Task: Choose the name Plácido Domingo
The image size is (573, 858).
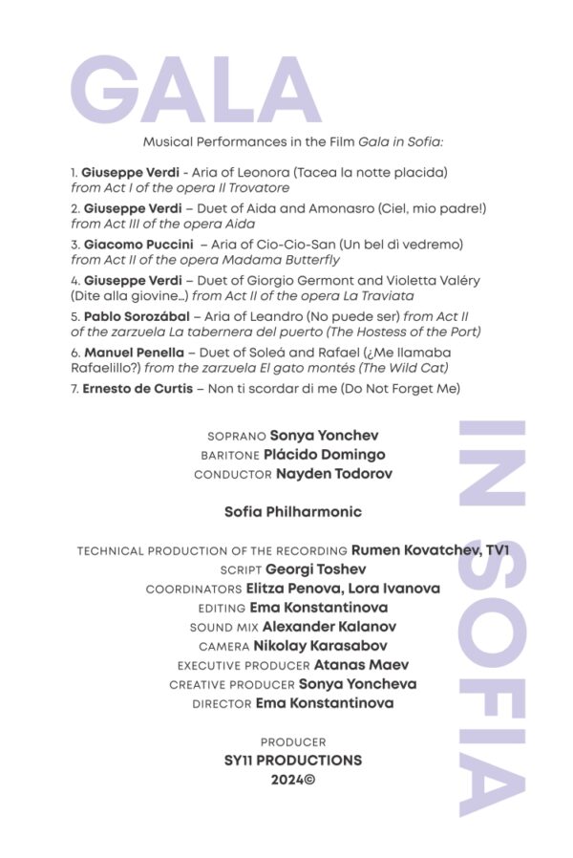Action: pyautogui.click(x=325, y=455)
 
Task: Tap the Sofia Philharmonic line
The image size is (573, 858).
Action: pyautogui.click(x=292, y=512)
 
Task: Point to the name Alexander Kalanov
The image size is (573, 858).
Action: pyautogui.click(x=329, y=627)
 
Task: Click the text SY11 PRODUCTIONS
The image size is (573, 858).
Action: pyautogui.click(x=292, y=761)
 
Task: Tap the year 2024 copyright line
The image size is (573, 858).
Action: pyautogui.click(x=292, y=780)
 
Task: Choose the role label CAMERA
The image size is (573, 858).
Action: pyautogui.click(x=224, y=647)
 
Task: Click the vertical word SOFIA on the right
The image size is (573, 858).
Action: pyautogui.click(x=492, y=678)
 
